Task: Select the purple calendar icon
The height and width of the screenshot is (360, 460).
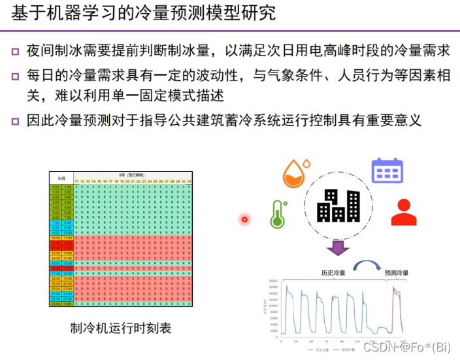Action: (x=387, y=171)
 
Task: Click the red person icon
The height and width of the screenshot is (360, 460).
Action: (x=403, y=212)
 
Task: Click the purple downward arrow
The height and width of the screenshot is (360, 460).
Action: (x=338, y=248)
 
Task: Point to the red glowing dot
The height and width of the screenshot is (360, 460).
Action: (x=244, y=219)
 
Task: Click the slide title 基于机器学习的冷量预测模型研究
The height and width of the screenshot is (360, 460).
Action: (x=143, y=13)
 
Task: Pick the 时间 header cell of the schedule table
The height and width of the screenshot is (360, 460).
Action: (x=61, y=177)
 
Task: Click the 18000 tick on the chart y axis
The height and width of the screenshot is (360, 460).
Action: (x=274, y=280)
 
